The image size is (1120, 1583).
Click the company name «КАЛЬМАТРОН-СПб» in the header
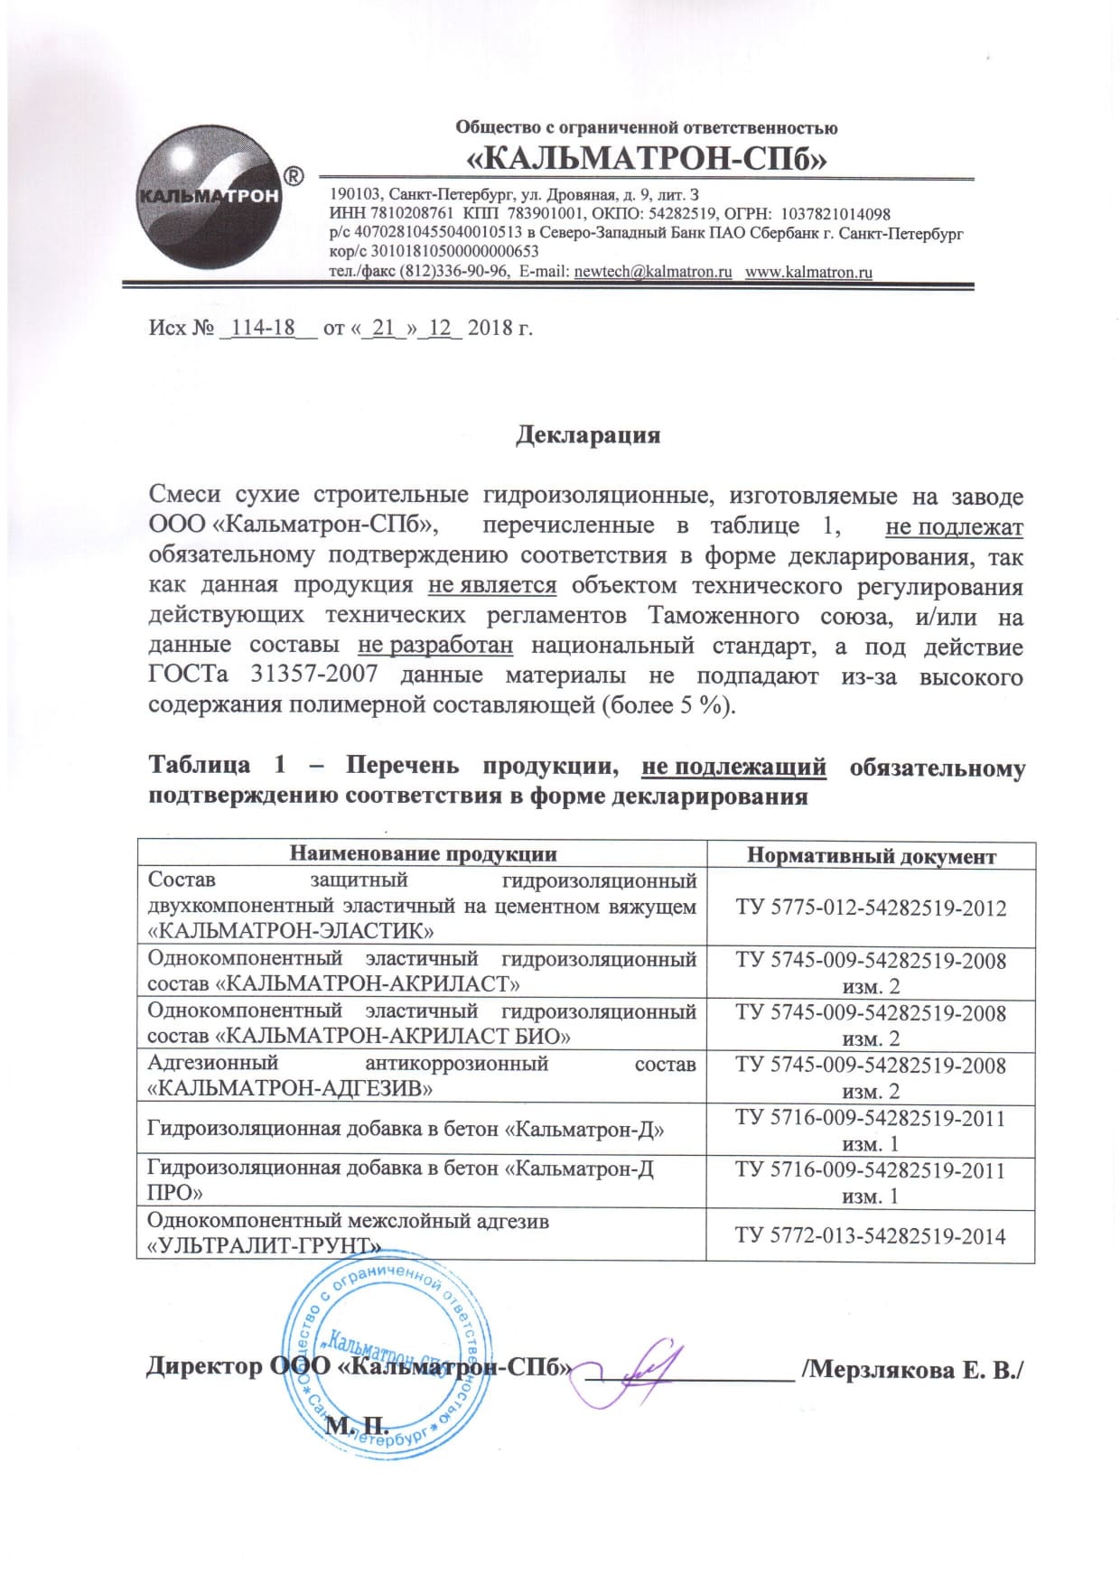[647, 159]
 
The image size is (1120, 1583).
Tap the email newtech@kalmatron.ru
[652, 272]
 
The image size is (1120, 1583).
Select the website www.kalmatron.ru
[808, 272]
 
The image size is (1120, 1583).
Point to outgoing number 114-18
[264, 327]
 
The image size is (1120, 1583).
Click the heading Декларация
[588, 434]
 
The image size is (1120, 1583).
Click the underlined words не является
[492, 586]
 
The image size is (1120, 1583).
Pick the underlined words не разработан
[435, 646]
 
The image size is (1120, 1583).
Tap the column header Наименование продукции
[423, 853]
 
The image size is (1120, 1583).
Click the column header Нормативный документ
[871, 856]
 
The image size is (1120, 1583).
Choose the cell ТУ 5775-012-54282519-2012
[871, 908]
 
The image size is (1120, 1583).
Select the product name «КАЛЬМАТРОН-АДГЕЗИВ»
[289, 1089]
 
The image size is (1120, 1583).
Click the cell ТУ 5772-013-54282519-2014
[871, 1235]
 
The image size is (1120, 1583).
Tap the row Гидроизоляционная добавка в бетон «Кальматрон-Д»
[406, 1129]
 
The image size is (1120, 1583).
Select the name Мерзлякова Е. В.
[914, 1368]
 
